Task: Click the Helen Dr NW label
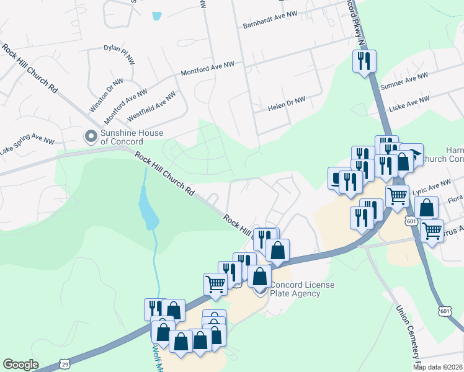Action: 287,104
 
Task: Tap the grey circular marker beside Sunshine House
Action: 91,135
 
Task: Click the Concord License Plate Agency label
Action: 301,289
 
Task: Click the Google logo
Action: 20,365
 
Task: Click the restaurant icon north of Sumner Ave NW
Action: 364,61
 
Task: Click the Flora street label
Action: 455,199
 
